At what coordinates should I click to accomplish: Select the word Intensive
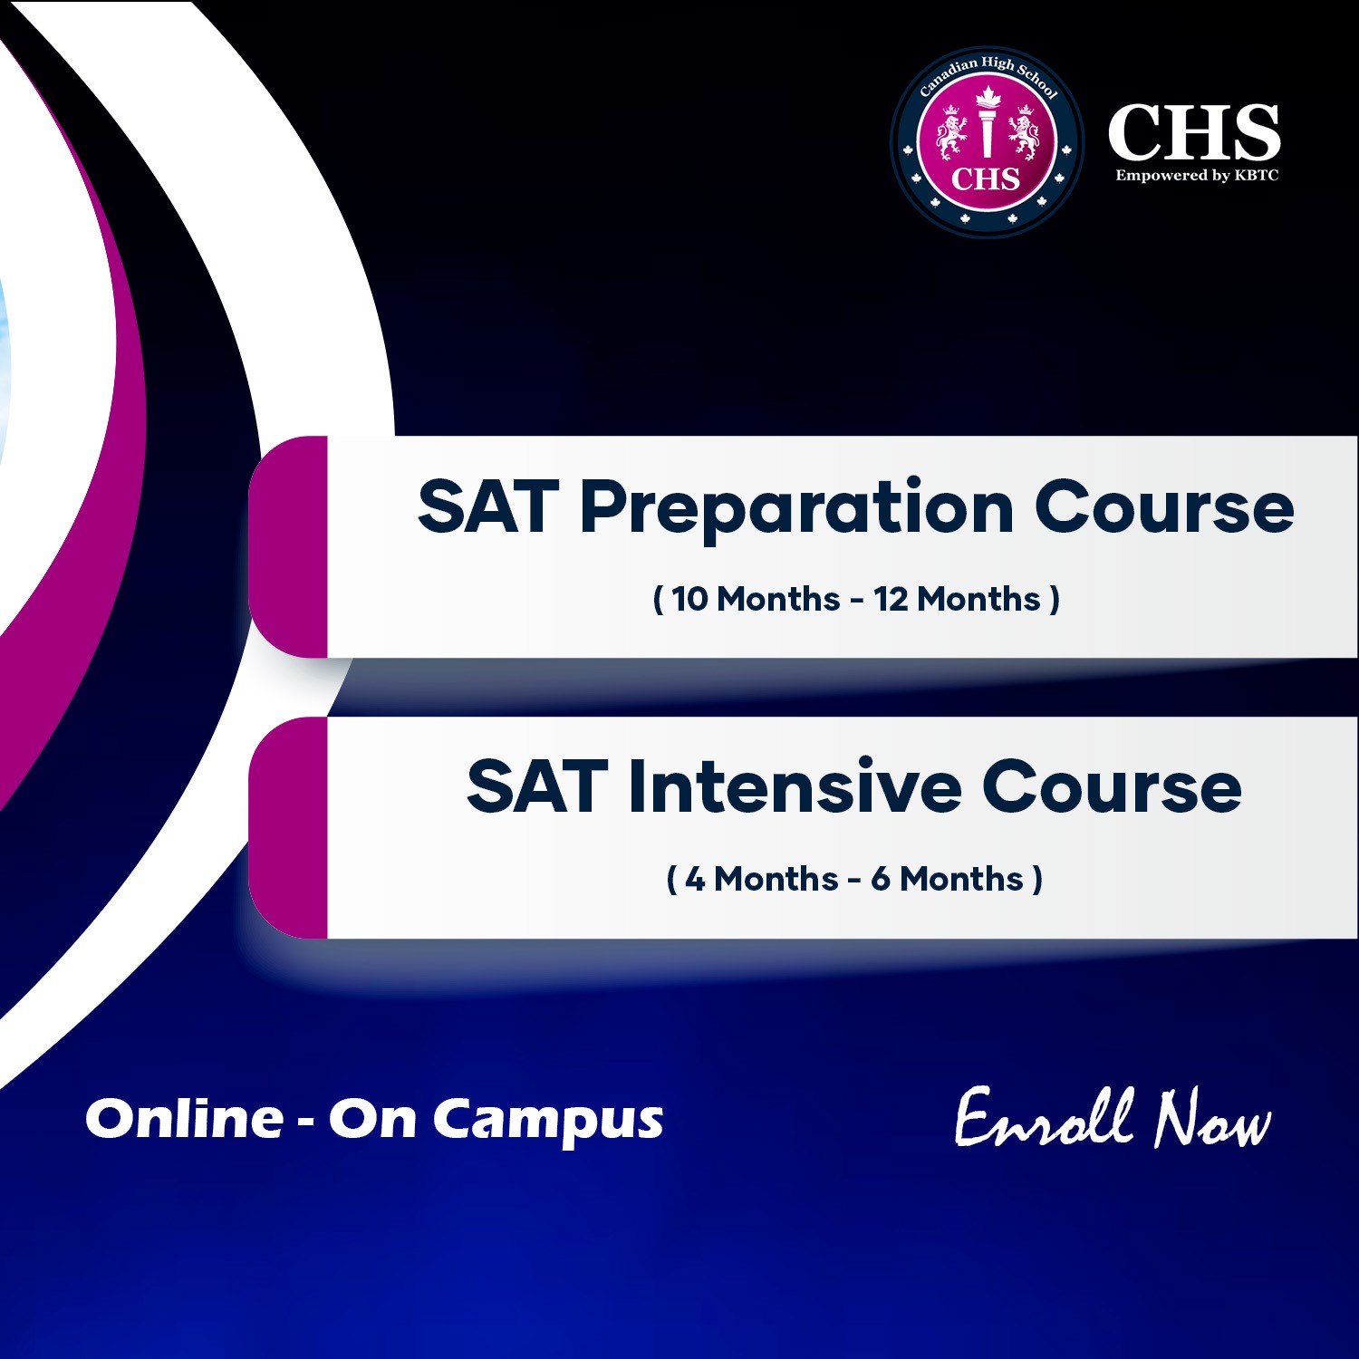[x=795, y=786]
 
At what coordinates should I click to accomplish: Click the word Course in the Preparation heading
[x=1164, y=507]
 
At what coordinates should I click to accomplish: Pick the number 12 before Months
[x=891, y=599]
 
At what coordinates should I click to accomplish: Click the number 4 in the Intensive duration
[x=695, y=879]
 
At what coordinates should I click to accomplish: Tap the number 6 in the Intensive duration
[x=881, y=879]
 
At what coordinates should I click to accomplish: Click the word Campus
[x=547, y=1121]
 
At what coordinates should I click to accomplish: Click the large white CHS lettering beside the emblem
[x=1194, y=132]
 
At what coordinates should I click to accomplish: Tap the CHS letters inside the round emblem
[x=986, y=178]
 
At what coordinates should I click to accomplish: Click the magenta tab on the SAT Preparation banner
[x=289, y=546]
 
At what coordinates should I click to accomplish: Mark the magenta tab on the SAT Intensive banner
[x=289, y=827]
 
